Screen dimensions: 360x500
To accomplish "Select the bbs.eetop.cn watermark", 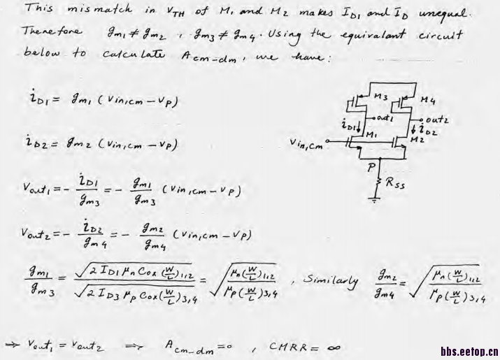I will coord(469,351).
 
